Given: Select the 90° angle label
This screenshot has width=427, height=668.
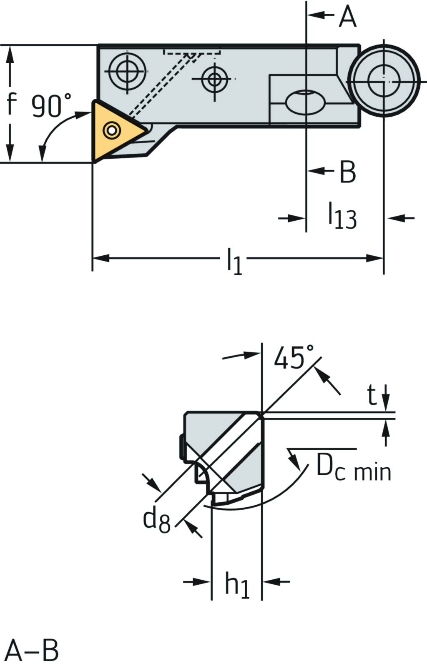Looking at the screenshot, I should click(x=51, y=106).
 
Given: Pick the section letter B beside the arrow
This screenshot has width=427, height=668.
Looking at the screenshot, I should click(x=347, y=172).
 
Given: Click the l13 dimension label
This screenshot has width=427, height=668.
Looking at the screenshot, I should click(x=342, y=216).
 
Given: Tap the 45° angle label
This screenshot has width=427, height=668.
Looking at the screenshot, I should click(x=294, y=357).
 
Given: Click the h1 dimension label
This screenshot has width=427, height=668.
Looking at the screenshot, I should click(x=237, y=584).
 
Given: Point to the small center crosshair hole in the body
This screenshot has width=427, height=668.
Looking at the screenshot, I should click(x=214, y=79).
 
